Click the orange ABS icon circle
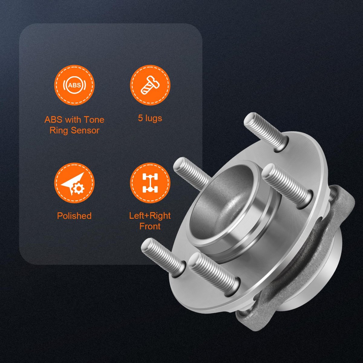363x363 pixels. click(x=74, y=85)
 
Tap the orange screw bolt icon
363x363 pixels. click(x=150, y=85)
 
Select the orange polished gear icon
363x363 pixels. click(x=74, y=183)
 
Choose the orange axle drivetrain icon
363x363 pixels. click(x=150, y=183)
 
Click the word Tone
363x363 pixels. click(x=94, y=119)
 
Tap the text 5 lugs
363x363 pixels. click(x=150, y=119)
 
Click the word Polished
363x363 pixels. click(x=74, y=216)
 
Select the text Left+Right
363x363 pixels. click(x=150, y=216)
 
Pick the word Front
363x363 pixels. click(x=150, y=226)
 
